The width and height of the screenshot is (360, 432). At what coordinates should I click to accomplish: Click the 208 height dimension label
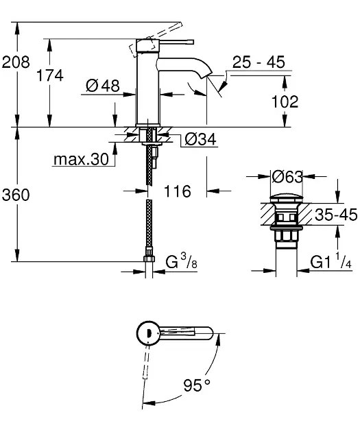pos(16,62)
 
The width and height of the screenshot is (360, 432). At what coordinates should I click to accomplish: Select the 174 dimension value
pos(50,75)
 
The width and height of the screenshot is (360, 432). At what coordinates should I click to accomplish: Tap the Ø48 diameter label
pos(103,86)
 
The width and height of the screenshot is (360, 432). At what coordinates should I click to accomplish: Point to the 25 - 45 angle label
pos(259,62)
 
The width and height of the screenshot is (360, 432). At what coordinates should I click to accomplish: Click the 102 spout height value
pos(285,101)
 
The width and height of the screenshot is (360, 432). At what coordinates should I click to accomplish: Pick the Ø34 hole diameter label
pos(200,139)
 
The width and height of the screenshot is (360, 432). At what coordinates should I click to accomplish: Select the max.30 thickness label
pos(81,160)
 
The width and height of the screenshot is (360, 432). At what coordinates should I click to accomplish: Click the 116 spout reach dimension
pos(178,191)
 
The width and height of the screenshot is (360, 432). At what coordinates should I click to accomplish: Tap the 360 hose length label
pos(16,195)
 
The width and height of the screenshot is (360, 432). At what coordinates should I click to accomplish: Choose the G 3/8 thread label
pos(182,261)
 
